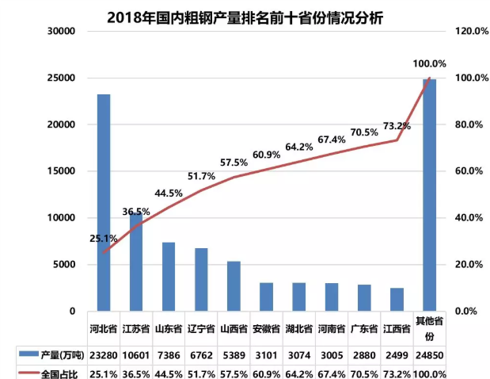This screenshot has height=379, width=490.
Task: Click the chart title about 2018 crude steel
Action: [245, 16]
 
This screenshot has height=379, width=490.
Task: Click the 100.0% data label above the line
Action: [429, 63]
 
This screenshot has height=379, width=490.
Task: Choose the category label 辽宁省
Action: [201, 327]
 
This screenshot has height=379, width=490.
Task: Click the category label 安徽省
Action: [266, 327]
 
